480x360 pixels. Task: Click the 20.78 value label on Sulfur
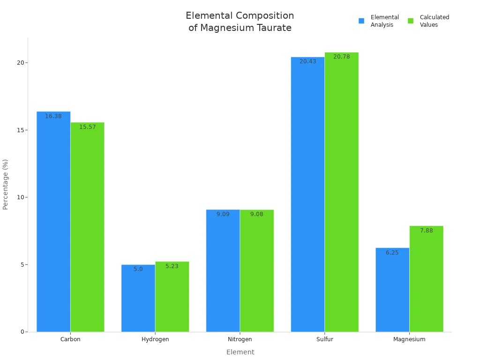[342, 57]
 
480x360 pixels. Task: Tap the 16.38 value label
[53, 116]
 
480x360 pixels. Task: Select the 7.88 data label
[427, 231]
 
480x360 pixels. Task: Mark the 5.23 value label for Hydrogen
[172, 266]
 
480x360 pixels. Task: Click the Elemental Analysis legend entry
[379, 21]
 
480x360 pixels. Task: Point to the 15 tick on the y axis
[20, 130]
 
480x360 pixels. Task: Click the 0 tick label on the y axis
[22, 332]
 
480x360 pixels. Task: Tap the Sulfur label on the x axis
[324, 339]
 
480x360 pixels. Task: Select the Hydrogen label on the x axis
[155, 339]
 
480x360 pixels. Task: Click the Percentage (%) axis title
[6, 184]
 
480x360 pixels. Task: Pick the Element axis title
[240, 352]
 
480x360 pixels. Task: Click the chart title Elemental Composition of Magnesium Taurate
[240, 22]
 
